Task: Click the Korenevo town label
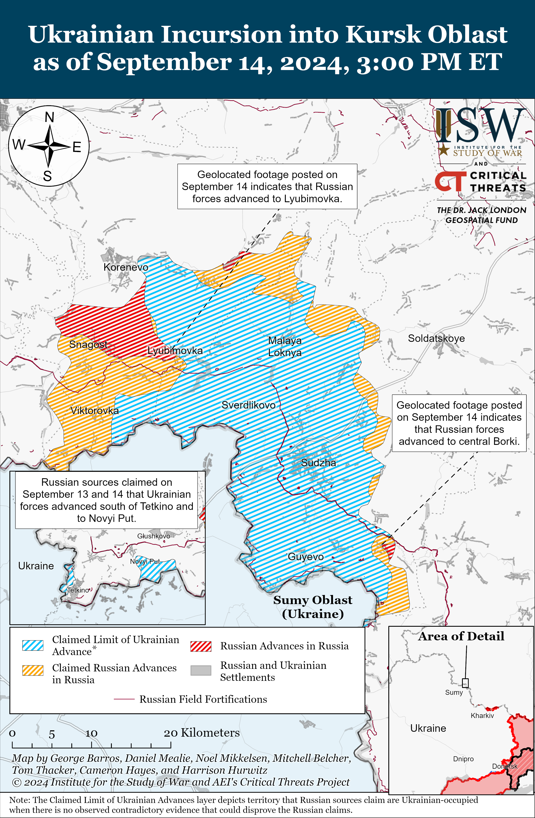pos(126,267)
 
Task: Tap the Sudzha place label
pos(318,463)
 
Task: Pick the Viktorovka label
pos(95,410)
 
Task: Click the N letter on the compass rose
pos(50,117)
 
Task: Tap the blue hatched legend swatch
pos(33,645)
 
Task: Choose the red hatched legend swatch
pos(201,646)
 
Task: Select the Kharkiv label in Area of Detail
pos(482,716)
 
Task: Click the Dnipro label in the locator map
pos(463,759)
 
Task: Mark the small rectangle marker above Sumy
pos(465,683)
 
